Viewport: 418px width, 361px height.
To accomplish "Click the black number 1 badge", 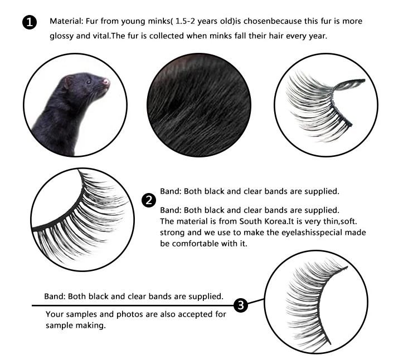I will click(28, 22).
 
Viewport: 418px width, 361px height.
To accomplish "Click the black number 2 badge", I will click(149, 201).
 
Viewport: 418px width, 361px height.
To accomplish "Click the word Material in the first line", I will click(66, 22).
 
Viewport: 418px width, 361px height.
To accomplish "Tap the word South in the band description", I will click(244, 221).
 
